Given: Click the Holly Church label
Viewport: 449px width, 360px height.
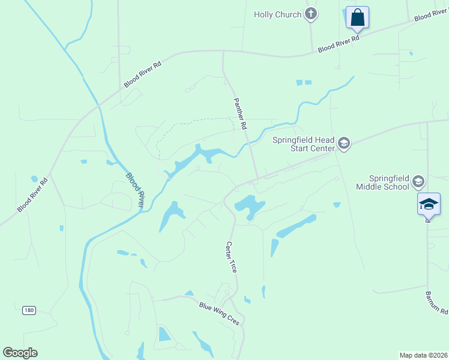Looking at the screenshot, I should tap(277, 14).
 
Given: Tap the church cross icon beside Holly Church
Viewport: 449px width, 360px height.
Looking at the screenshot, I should tap(310, 14).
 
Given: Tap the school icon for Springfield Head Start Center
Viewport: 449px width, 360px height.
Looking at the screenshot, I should tap(344, 143).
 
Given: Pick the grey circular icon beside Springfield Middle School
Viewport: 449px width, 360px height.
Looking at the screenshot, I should tap(418, 181).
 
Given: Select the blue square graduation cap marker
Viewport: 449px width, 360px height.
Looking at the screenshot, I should tap(429, 204).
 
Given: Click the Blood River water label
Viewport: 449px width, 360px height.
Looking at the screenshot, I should tap(134, 191).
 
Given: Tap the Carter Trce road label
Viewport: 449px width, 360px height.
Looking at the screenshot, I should tap(231, 257).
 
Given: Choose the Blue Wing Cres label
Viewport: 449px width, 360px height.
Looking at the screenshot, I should tap(219, 313).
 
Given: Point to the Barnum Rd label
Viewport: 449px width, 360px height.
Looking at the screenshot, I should tap(436, 304).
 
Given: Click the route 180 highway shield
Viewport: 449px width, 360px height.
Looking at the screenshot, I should tap(29, 310).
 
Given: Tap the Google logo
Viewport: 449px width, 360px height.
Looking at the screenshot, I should tap(20, 353).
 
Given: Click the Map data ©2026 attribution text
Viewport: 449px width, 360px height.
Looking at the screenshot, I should tap(423, 355).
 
